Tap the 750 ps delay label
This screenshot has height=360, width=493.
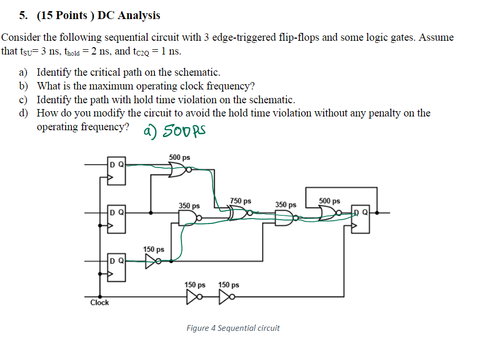[241, 201]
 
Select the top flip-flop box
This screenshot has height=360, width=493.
[117, 170]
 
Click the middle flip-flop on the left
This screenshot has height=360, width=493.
[117, 218]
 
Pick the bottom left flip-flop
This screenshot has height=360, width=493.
[117, 266]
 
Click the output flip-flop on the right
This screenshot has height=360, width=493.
[361, 218]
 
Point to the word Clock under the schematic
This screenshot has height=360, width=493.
[99, 302]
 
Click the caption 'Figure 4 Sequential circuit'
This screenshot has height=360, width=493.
[233, 328]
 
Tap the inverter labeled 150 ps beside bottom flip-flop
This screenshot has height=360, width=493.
[152, 260]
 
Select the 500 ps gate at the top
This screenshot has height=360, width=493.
[177, 169]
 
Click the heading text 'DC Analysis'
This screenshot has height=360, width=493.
[129, 15]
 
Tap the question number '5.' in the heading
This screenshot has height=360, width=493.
[24, 15]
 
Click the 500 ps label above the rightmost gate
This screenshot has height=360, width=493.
[330, 201]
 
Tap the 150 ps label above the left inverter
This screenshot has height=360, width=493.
[153, 249]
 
